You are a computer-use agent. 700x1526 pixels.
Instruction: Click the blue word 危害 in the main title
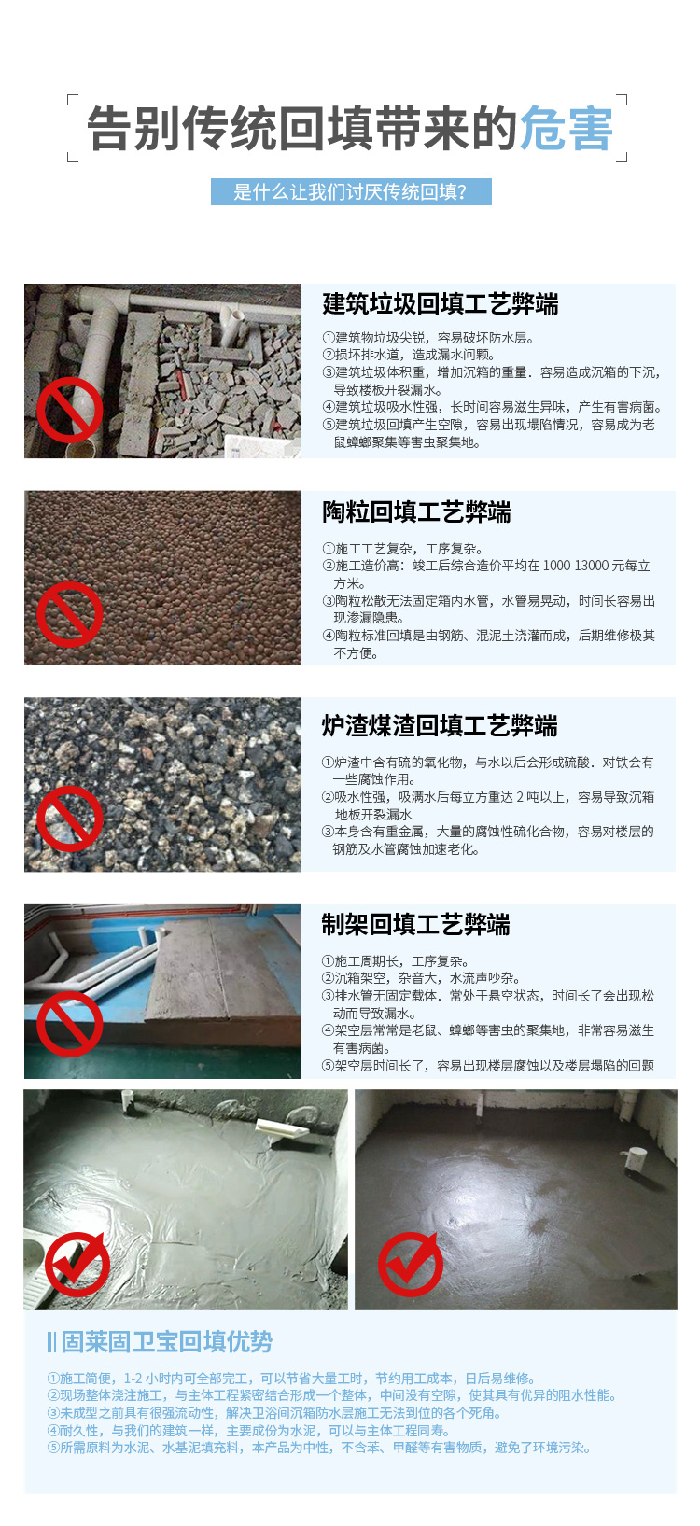click(566, 128)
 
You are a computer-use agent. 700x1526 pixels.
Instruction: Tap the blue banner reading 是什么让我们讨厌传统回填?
click(351, 191)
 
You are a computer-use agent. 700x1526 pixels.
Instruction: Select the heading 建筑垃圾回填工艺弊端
click(440, 304)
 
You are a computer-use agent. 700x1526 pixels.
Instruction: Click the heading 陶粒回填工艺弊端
click(416, 511)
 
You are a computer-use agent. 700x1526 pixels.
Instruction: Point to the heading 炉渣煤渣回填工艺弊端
click(440, 725)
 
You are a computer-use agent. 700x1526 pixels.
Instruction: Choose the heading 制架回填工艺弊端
click(415, 924)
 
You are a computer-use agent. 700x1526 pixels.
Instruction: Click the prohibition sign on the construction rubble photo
click(69, 411)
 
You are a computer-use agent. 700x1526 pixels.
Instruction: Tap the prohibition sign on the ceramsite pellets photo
click(69, 614)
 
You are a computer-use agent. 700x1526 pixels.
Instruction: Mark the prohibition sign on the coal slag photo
click(69, 819)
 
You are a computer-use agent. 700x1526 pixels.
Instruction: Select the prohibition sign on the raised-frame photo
click(69, 1024)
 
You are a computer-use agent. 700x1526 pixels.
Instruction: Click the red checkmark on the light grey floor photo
click(77, 1264)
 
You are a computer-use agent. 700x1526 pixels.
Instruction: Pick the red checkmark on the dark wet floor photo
click(411, 1264)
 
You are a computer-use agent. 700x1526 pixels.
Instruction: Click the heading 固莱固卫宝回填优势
click(166, 1341)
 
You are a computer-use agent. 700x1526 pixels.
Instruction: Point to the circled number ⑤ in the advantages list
click(53, 1448)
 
